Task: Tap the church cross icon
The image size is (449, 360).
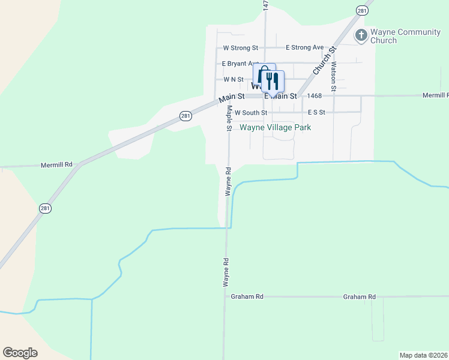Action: [361, 35]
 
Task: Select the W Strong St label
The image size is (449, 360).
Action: [240, 48]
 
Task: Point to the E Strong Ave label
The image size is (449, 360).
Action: [304, 48]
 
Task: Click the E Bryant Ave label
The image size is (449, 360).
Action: [240, 64]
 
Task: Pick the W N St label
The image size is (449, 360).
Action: [234, 79]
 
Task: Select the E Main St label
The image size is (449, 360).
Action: [280, 96]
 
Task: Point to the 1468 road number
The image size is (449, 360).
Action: [314, 96]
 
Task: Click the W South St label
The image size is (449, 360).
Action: [251, 112]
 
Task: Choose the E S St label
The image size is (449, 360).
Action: [316, 112]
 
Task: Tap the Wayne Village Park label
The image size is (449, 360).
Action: [276, 127]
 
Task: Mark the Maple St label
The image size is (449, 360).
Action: [229, 118]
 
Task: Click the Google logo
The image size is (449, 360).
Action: [20, 353]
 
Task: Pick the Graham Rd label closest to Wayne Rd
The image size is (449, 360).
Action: [247, 297]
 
